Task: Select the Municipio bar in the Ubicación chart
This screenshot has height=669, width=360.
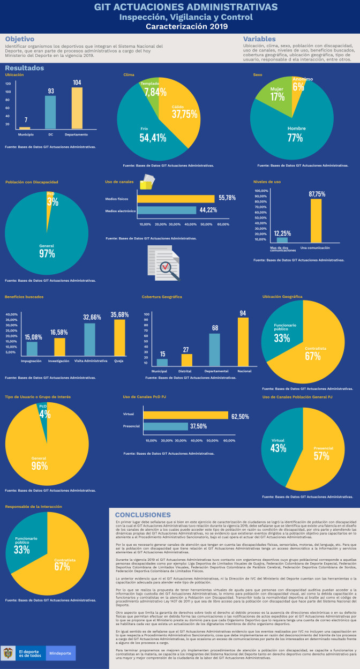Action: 25,128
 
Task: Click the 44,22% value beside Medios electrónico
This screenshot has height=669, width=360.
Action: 209,210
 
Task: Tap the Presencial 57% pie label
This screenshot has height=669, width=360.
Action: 321,451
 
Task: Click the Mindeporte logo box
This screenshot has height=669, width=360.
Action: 62,653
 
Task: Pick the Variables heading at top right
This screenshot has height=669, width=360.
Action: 260,39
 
